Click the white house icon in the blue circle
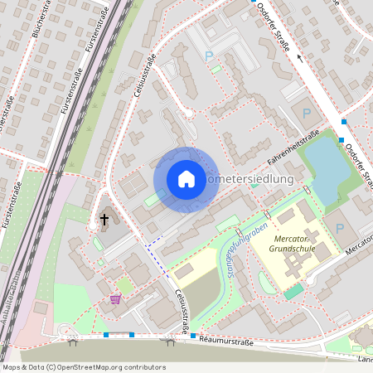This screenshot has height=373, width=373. point(186,179)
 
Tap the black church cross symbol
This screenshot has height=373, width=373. point(104,220)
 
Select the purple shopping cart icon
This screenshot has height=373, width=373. point(114,299)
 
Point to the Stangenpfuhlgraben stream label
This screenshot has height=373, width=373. point(248,248)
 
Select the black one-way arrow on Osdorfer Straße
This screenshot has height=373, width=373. point(300,60)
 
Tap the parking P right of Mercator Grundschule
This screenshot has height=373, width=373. point(339,229)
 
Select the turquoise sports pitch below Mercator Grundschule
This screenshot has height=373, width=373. point(293,291)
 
